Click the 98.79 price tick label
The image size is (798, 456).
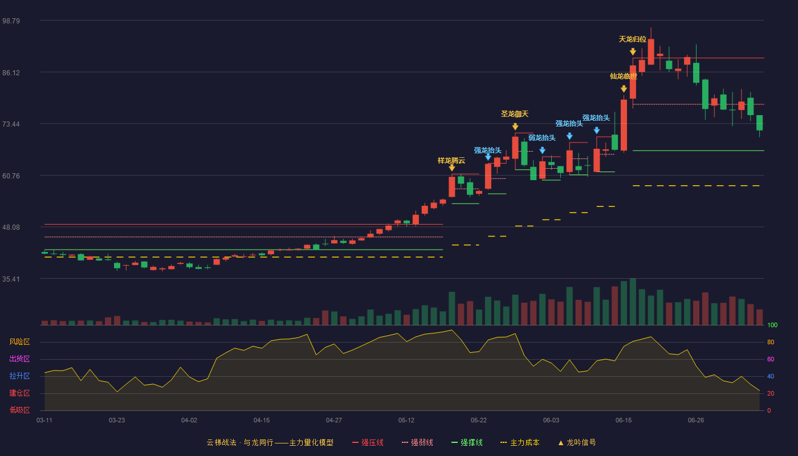[x=11, y=21]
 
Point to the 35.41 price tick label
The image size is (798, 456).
[x=11, y=279]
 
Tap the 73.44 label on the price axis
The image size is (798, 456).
[x=11, y=124]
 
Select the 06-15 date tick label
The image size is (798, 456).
[x=624, y=421]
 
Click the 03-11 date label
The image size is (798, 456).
[x=44, y=421]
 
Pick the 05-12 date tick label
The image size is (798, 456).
[x=406, y=421]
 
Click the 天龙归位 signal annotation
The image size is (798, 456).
[x=632, y=39]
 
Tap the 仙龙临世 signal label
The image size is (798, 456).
[x=624, y=76]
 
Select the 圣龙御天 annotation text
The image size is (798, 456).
[x=515, y=114]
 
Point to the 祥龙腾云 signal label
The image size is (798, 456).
[x=451, y=161]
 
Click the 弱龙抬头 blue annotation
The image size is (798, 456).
[x=542, y=138]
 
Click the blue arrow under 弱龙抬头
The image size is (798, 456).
[x=542, y=150]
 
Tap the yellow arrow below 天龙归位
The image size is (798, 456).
[x=633, y=52]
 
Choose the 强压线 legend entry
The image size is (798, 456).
[x=368, y=442]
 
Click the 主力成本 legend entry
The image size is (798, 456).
[x=520, y=442]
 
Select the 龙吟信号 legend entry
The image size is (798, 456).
[x=577, y=442]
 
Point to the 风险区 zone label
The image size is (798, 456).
[x=19, y=342]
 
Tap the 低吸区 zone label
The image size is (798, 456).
[x=19, y=410]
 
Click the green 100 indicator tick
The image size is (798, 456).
[x=772, y=325]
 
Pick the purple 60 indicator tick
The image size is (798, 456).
[x=771, y=359]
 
